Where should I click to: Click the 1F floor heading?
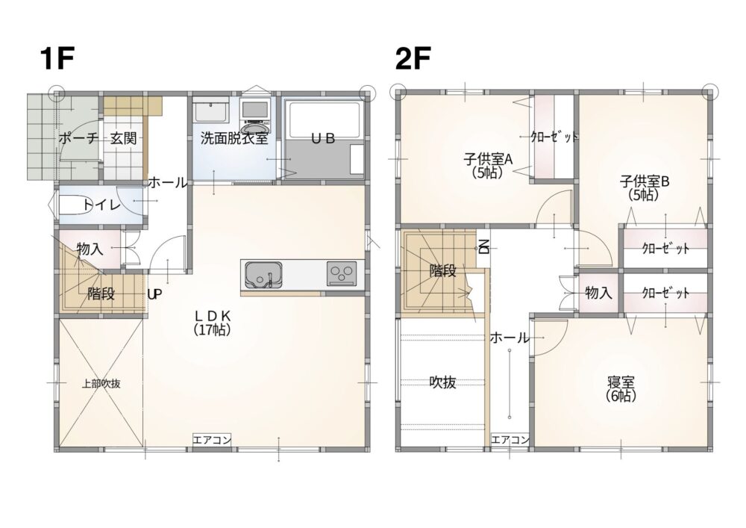point(57,59)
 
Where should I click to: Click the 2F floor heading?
point(413,59)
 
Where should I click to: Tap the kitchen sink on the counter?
point(263,275)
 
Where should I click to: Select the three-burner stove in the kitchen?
point(342,274)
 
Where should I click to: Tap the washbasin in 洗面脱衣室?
point(211,113)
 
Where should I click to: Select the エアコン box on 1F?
point(212,439)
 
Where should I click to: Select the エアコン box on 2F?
point(510,439)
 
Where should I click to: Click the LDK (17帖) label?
point(213,323)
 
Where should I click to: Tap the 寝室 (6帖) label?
point(621,389)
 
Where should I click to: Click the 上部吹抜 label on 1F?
point(101,383)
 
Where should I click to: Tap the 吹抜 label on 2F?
point(443,382)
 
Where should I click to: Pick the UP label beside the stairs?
point(154,295)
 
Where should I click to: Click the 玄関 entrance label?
point(124,139)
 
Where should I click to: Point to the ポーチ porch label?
point(78,139)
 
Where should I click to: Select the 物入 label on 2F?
point(598,292)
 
